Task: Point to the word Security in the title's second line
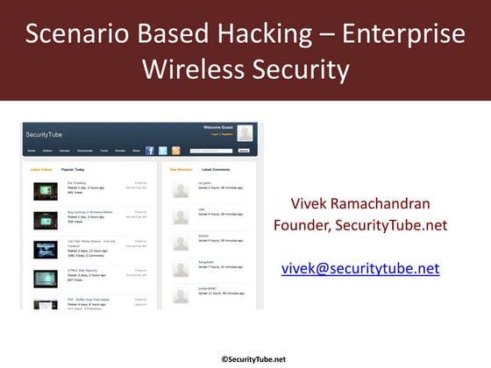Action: [299, 70]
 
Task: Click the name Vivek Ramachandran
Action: [360, 204]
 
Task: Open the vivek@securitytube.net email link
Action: [360, 268]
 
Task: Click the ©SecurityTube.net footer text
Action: [253, 358]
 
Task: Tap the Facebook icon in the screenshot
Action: [149, 151]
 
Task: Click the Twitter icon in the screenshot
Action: [162, 151]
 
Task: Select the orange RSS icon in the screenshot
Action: [175, 151]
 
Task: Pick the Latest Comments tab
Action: [217, 169]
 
